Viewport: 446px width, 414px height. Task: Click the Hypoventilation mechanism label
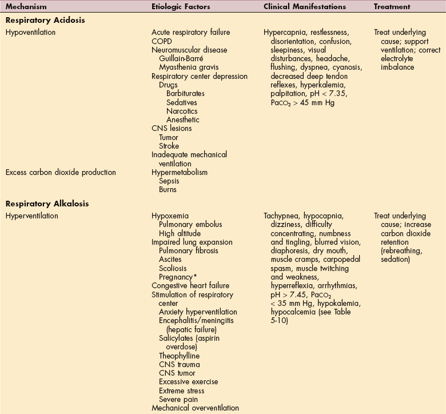point(30,32)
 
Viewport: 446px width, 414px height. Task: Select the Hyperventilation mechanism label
point(32,216)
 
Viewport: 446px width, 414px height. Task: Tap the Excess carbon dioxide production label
point(60,172)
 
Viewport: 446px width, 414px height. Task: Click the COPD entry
point(161,41)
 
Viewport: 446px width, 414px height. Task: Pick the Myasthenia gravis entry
point(185,67)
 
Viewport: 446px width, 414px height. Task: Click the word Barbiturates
point(185,93)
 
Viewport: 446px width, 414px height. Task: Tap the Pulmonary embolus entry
point(190,225)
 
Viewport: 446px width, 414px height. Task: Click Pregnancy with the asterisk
point(177,277)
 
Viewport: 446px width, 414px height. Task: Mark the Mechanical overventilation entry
point(195,408)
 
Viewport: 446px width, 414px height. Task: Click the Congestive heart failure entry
point(190,285)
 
